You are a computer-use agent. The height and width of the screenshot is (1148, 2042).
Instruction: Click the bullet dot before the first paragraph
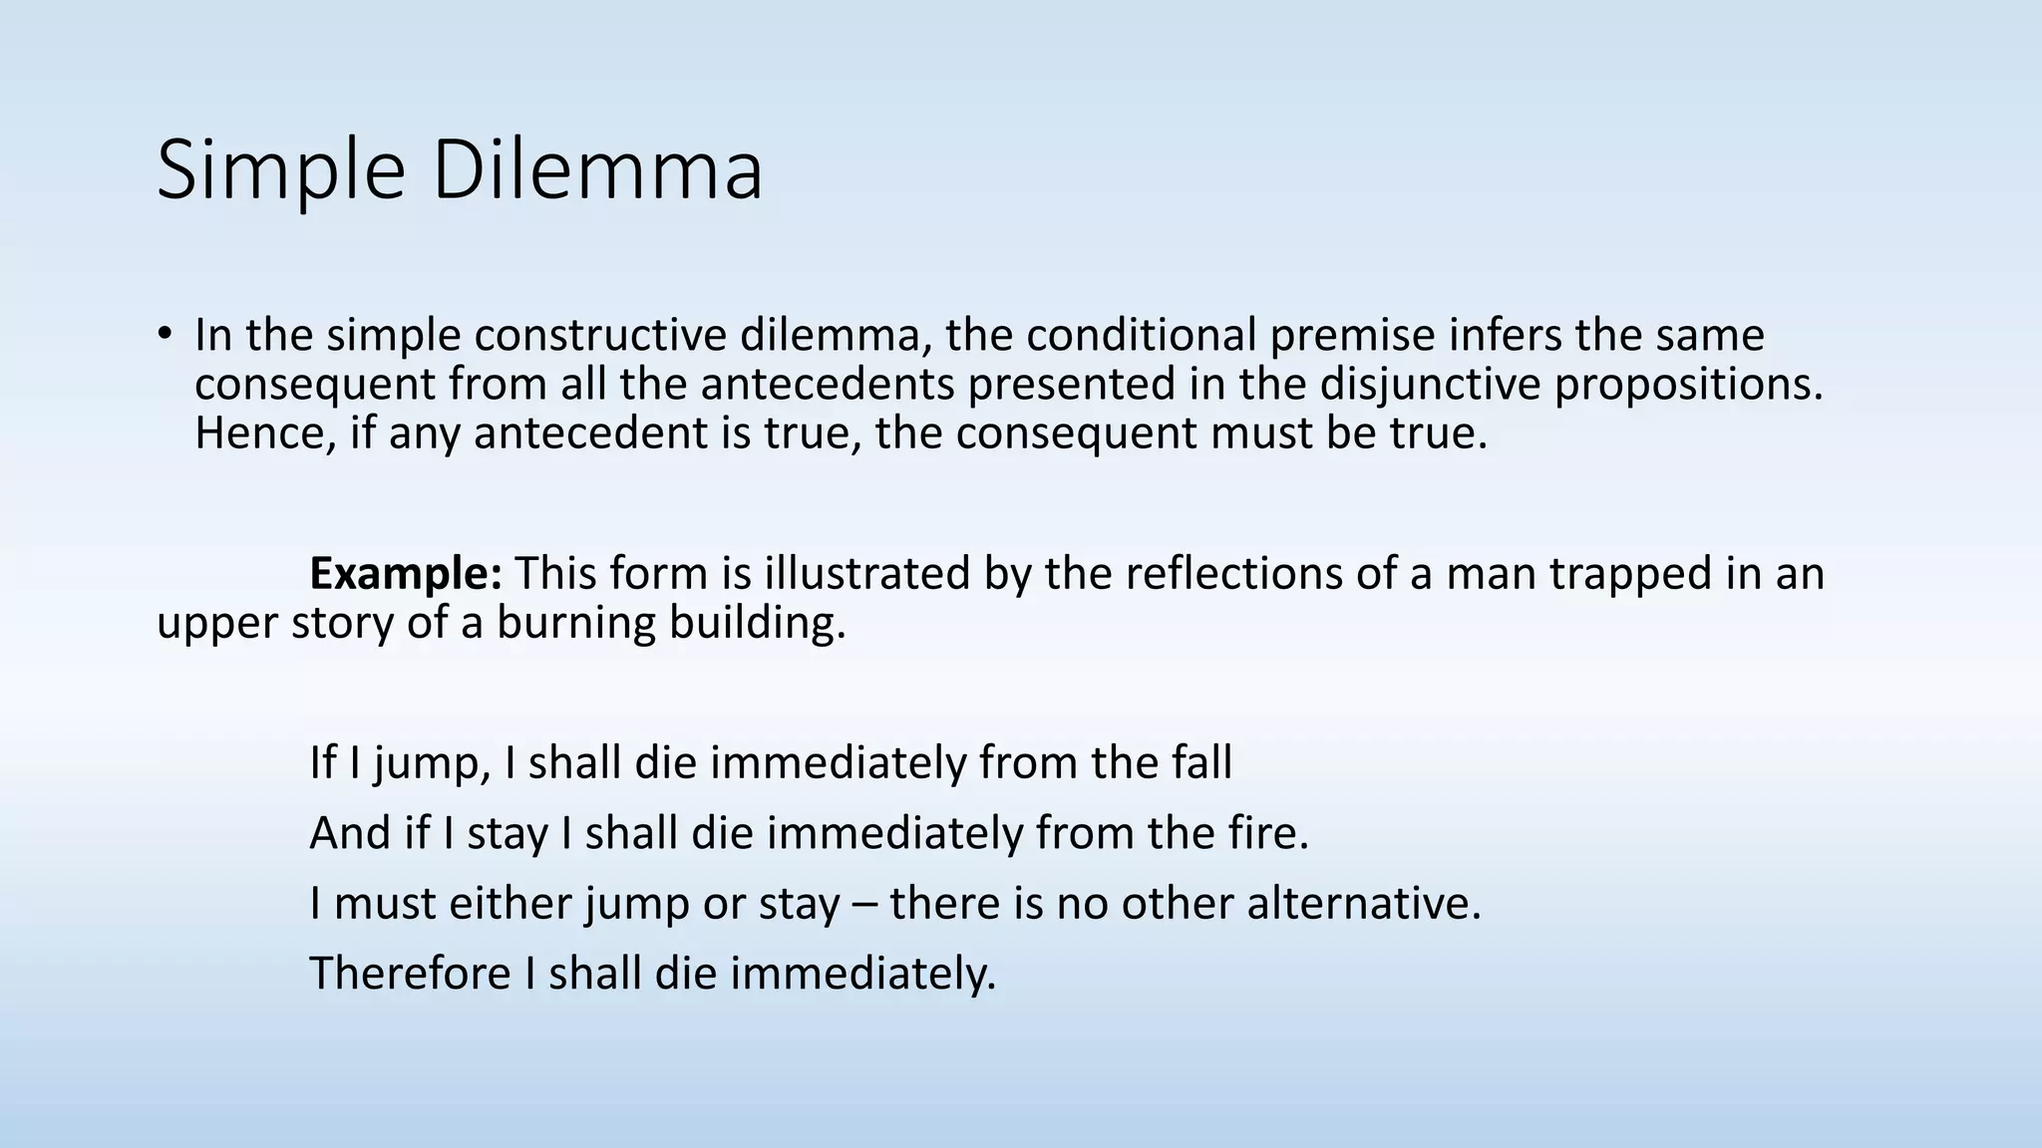165,334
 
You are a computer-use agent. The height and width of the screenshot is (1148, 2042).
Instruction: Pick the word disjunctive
1431,385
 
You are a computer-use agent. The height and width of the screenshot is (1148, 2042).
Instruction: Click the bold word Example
405,574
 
